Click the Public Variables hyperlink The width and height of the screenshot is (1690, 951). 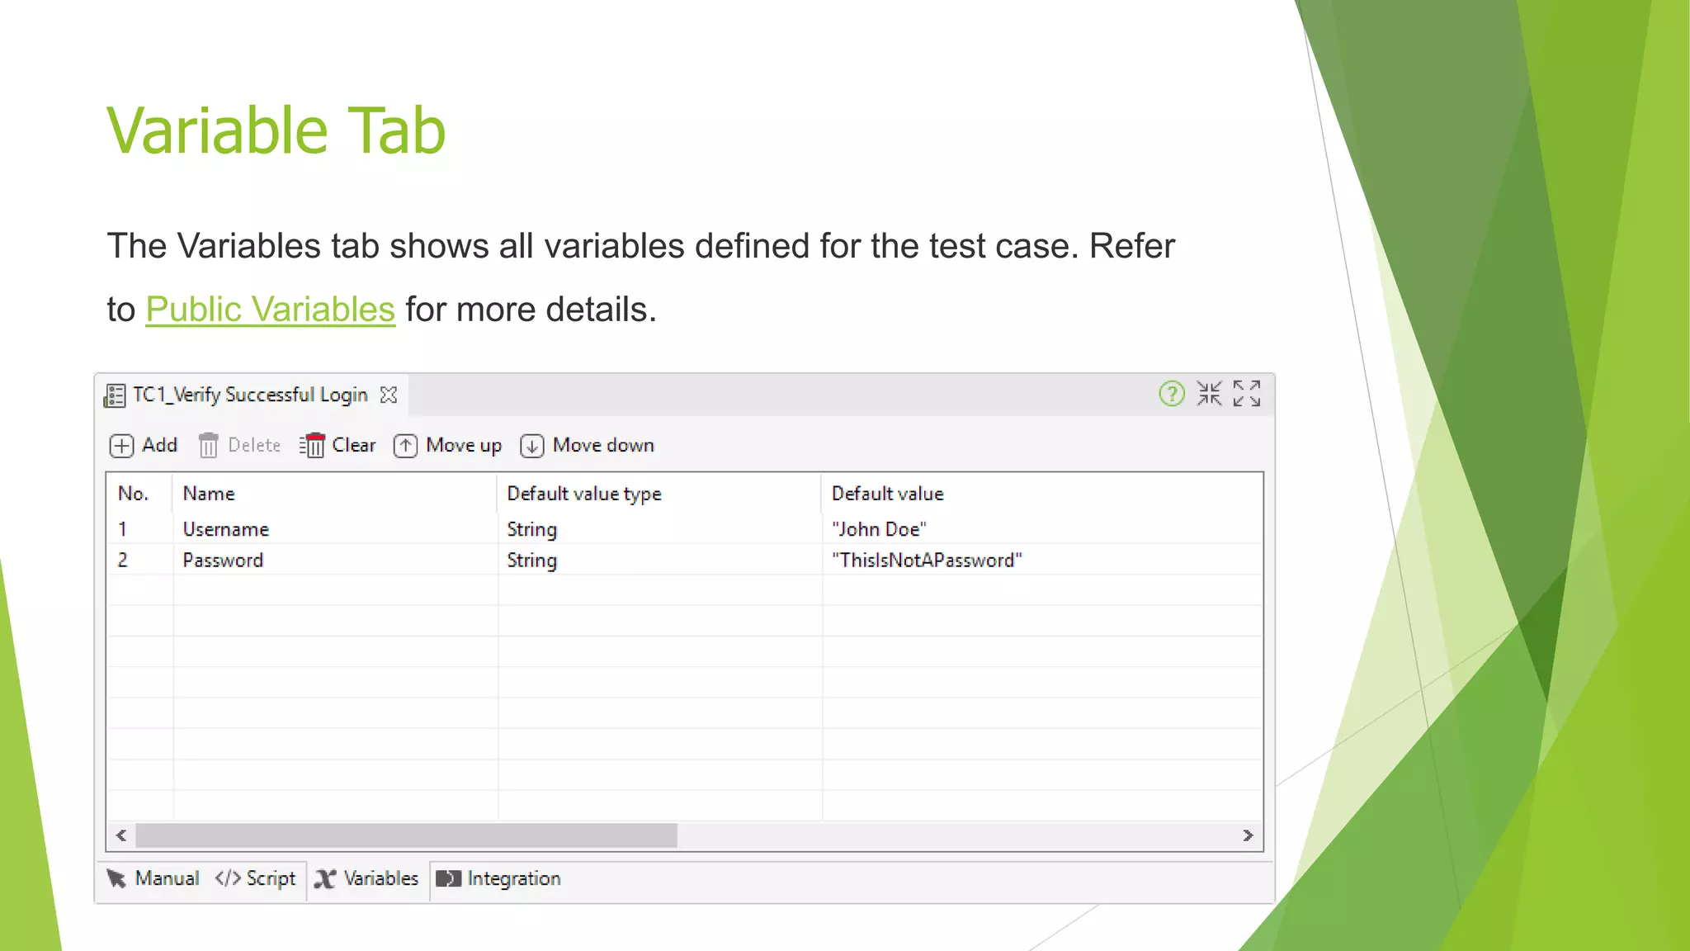click(270, 310)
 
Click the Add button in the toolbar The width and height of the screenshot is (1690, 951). click(144, 446)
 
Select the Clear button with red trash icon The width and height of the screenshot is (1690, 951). click(338, 446)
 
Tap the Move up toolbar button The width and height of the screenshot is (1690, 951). click(448, 446)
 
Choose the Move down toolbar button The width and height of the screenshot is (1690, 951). click(588, 446)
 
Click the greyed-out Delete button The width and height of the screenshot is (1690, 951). click(240, 446)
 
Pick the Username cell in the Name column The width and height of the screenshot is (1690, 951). click(226, 529)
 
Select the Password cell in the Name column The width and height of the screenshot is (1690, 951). click(223, 561)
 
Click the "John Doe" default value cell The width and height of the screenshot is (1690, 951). click(879, 529)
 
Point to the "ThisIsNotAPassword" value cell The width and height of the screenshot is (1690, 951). click(927, 561)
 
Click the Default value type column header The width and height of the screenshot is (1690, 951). click(584, 494)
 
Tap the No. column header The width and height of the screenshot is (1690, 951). click(133, 494)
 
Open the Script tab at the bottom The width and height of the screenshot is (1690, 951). click(256, 878)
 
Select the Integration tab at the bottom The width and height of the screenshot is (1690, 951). click(499, 878)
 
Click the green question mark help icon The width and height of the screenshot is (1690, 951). click(1171, 394)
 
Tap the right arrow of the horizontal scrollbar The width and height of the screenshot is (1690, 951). click(1248, 835)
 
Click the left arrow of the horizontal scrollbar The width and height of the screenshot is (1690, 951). click(121, 835)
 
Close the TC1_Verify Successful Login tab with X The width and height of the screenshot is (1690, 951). click(389, 395)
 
